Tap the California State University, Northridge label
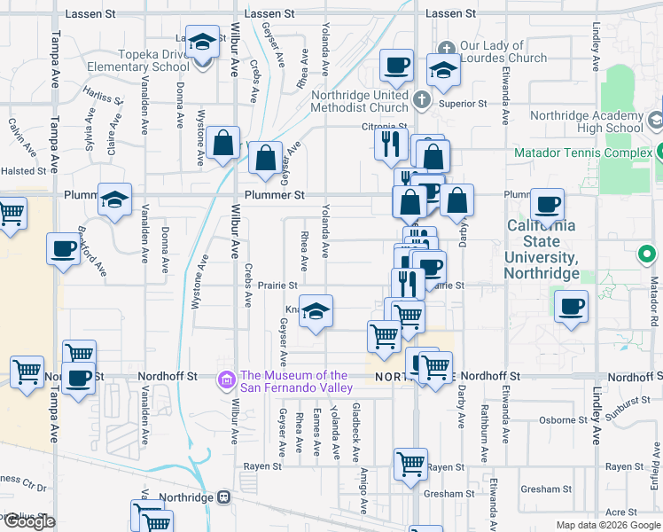pos(542,249)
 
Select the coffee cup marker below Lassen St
pos(396,64)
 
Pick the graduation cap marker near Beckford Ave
pos(114,199)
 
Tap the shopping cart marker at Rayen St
pos(411,464)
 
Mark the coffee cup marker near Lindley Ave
pos(571,307)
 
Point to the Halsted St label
pos(23,171)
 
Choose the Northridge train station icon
pos(224,497)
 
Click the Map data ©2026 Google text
pos(607,525)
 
